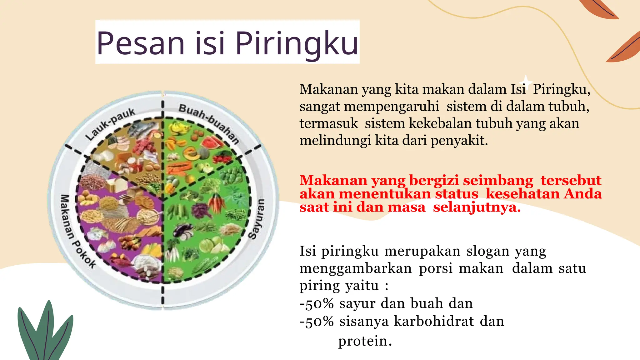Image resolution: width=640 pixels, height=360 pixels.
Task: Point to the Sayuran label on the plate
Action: [257, 219]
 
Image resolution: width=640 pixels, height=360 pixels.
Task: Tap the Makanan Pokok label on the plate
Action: [77, 231]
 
